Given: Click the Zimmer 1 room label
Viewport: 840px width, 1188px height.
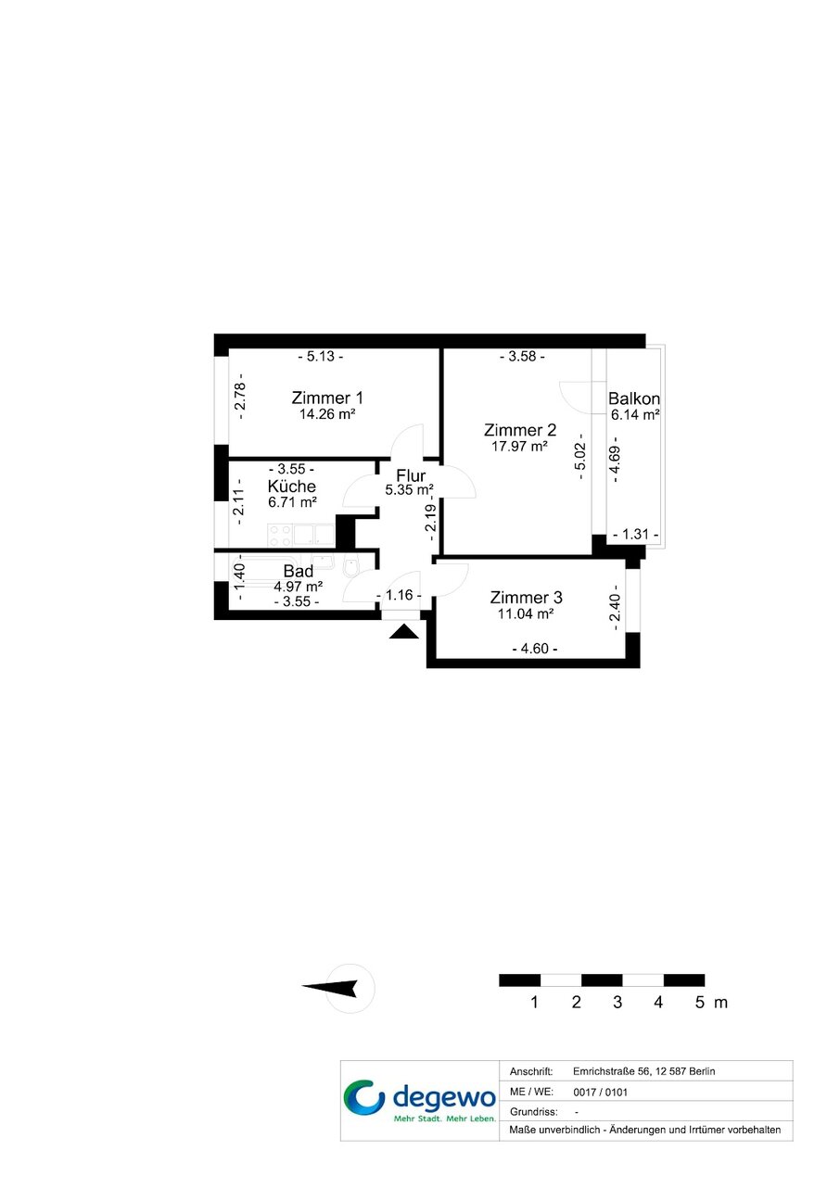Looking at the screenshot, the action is coord(327,398).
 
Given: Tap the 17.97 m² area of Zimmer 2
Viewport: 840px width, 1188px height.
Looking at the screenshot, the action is coord(519,447).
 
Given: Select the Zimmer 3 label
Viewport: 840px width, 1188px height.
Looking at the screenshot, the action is coord(526,598).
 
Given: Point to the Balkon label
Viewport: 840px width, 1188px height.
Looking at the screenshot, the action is coord(634,398).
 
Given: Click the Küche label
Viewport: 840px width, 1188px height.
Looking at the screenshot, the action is coord(292,486).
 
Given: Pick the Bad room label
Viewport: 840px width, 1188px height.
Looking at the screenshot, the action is coord(299,571).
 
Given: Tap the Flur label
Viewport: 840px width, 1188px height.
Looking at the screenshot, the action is coord(411,475).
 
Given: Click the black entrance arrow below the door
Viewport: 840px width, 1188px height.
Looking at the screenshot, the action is coord(404,631).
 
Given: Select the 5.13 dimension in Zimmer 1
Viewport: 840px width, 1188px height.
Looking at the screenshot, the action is coord(321,357).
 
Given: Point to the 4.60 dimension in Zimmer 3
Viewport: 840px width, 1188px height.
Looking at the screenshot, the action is coord(535,649).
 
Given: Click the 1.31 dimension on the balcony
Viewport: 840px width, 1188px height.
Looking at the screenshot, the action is coord(636,534).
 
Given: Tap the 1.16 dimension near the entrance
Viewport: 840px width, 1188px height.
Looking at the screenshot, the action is coord(399,595).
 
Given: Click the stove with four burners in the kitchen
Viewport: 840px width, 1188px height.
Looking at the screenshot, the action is coord(280,536).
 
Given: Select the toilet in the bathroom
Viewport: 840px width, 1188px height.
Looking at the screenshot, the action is coord(350,565).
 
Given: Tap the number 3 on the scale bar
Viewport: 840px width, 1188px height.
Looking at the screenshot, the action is coord(617,1002).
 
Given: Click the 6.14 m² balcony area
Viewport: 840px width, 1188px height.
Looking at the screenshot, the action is coord(635,415).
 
